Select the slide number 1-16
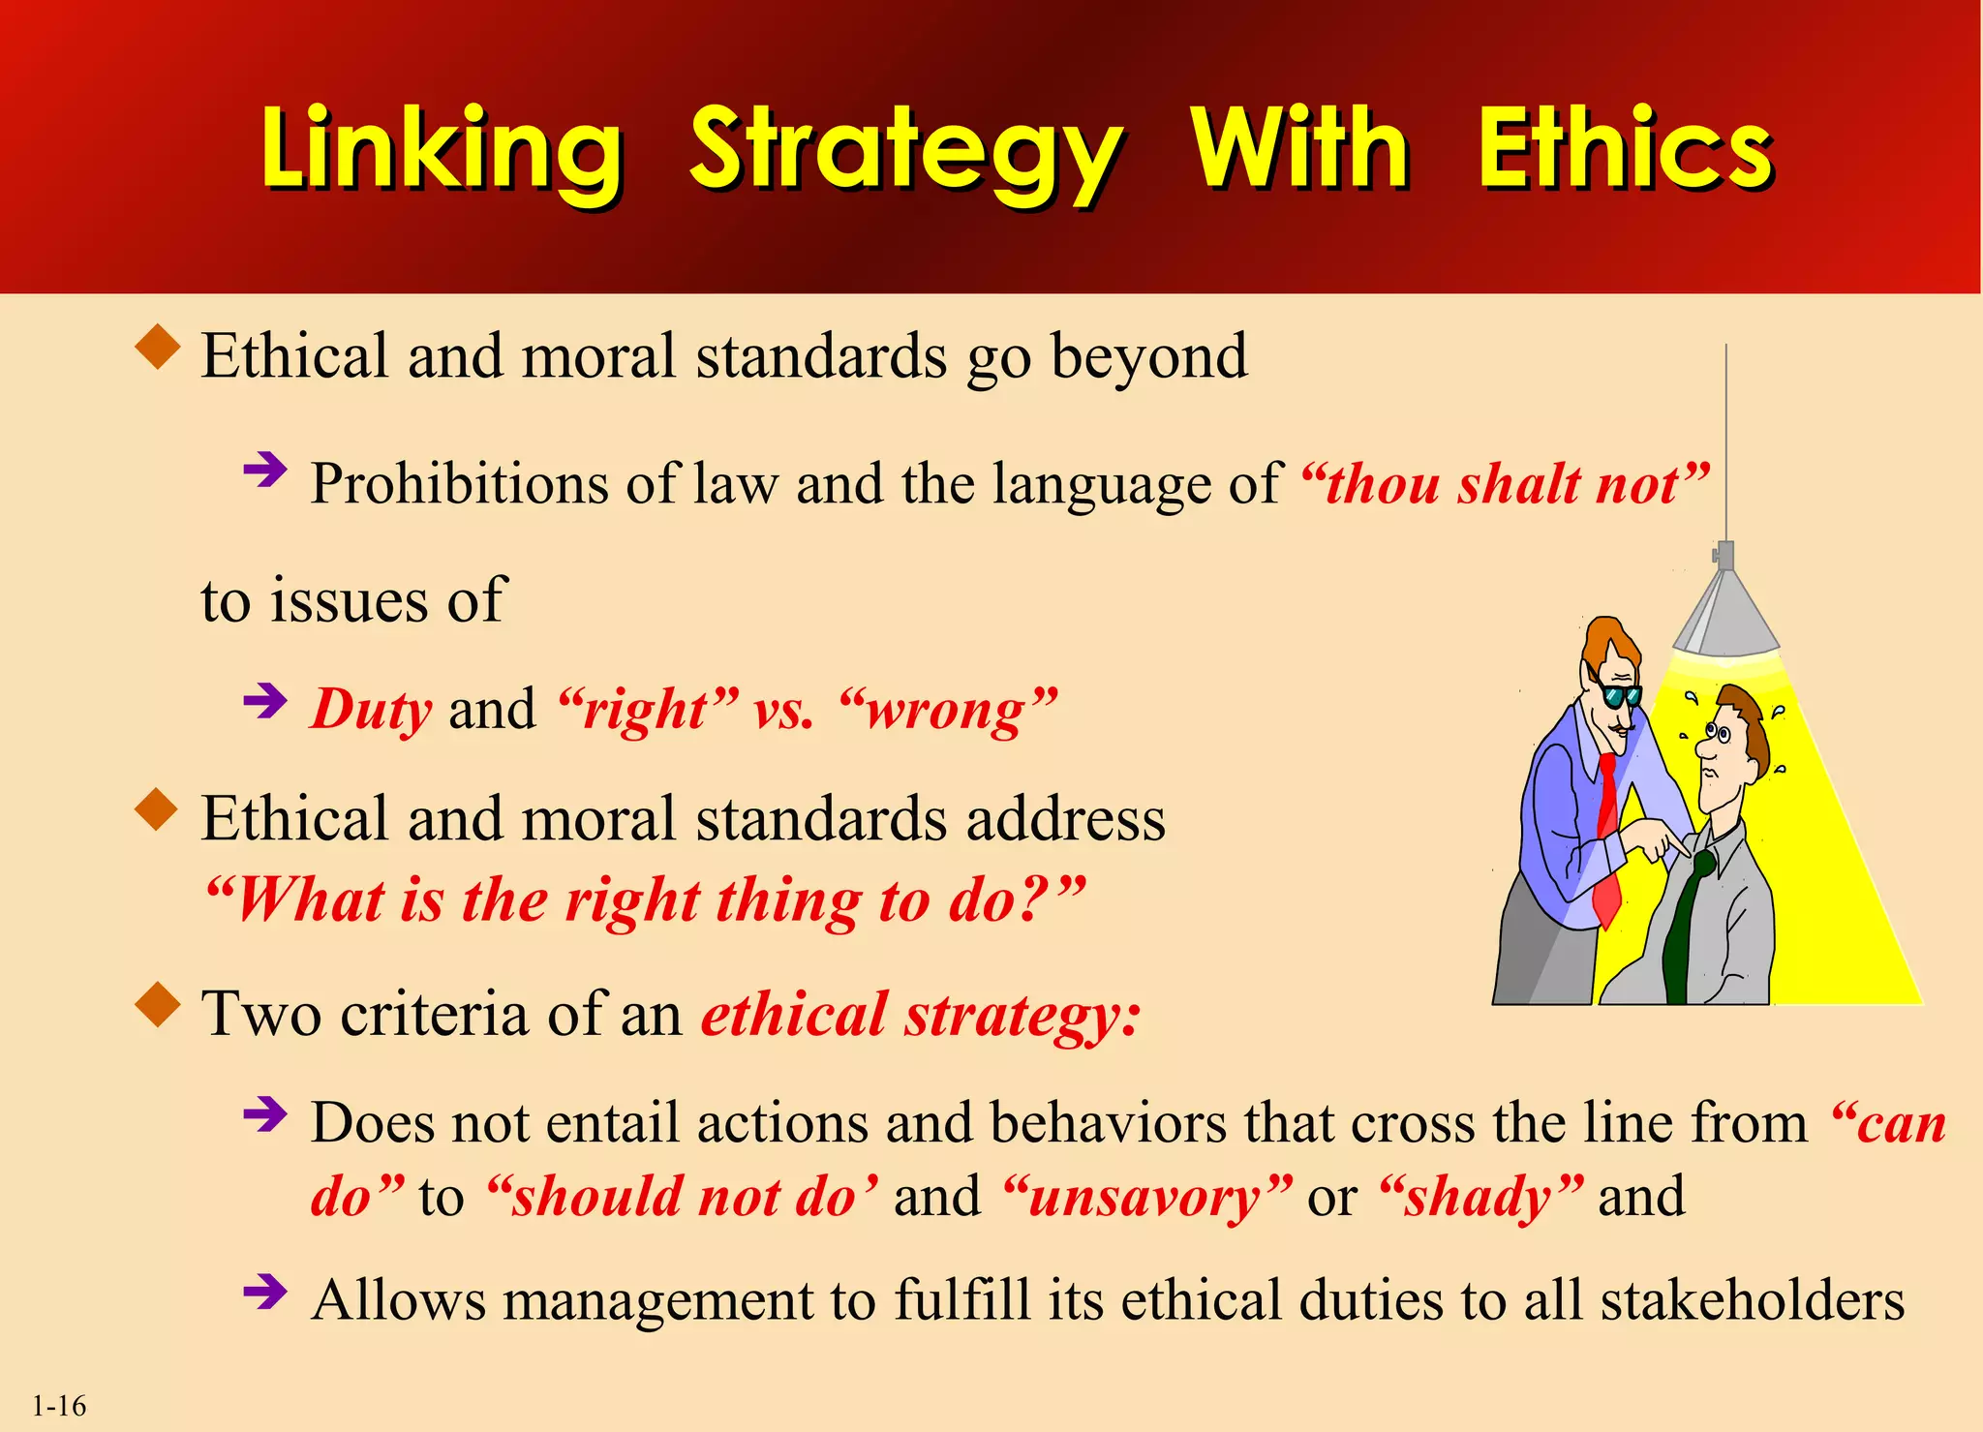tap(59, 1406)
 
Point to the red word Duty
tap(371, 710)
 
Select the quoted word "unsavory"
tap(1146, 1198)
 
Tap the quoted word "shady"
tap(1480, 1198)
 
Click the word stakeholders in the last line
tap(1752, 1300)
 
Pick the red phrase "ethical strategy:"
tap(921, 1016)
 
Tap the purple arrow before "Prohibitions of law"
tap(265, 472)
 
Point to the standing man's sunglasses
tap(1619, 695)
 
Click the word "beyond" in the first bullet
tap(1149, 357)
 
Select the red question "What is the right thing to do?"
tap(645, 900)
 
